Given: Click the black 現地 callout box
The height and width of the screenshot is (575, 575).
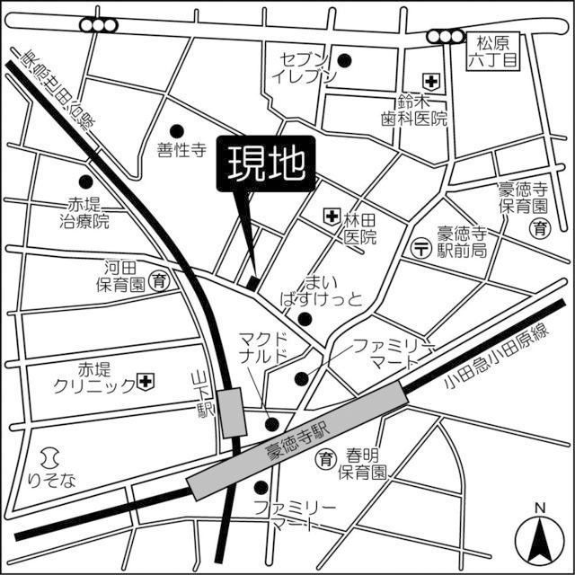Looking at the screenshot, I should tap(265, 164).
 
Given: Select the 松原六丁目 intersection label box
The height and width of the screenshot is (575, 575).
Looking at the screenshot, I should tap(493, 51).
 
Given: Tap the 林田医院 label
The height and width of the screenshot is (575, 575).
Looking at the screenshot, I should tap(360, 228).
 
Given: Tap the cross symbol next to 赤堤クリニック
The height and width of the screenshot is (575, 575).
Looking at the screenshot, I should tap(145, 383).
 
